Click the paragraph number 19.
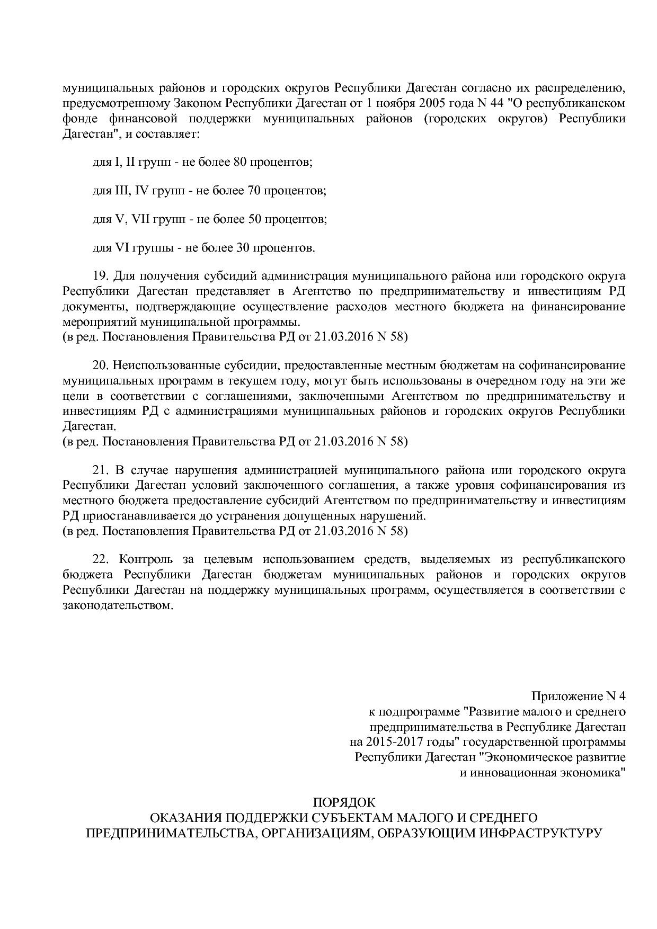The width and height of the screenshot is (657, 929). click(x=101, y=276)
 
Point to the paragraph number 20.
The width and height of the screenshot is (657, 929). click(x=101, y=365)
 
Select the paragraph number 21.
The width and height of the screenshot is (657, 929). click(x=101, y=470)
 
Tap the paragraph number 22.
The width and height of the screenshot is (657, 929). click(x=101, y=559)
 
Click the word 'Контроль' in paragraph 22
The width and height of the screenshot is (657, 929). click(x=146, y=559)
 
